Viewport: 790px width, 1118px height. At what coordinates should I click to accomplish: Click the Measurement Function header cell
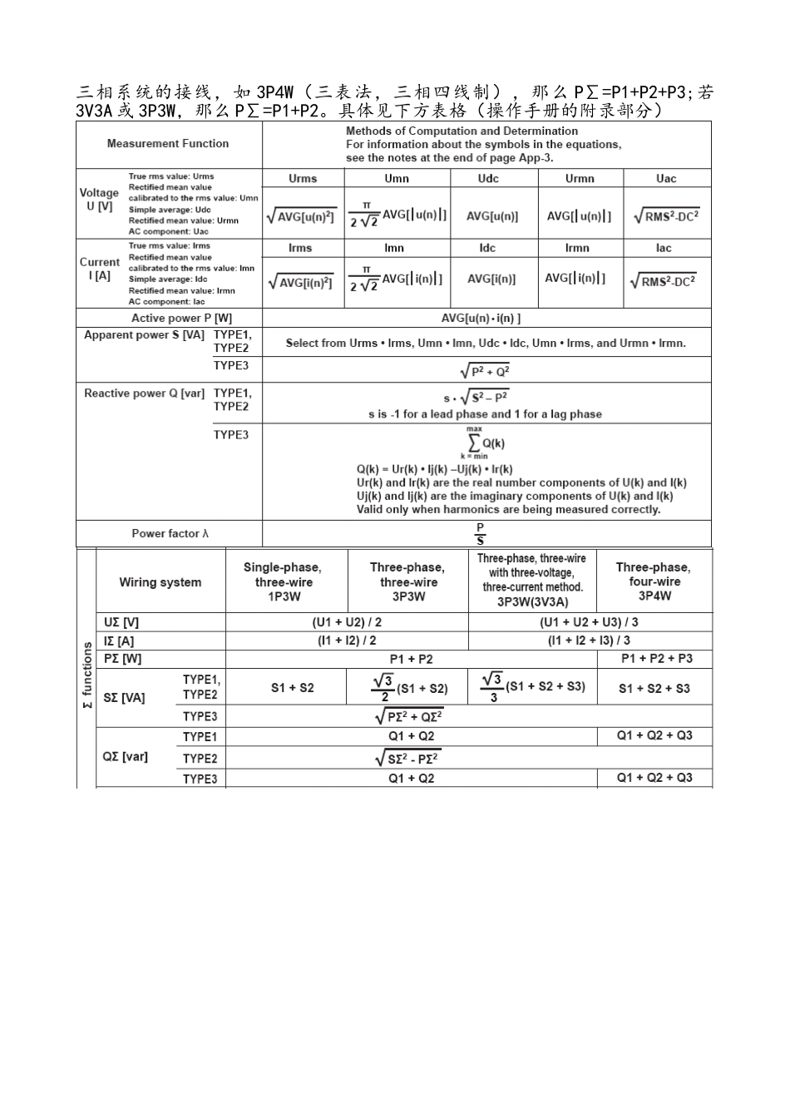tap(168, 144)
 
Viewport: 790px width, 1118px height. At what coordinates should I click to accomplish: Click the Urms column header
tap(303, 179)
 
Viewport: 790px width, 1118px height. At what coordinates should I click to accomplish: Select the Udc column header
tap(488, 179)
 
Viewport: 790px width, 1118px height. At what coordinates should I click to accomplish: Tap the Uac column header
tap(665, 179)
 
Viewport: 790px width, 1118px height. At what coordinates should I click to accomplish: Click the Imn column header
tap(394, 248)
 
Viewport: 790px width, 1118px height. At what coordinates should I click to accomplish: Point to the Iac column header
tap(664, 248)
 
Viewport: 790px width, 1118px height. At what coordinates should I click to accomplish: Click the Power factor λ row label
tap(170, 533)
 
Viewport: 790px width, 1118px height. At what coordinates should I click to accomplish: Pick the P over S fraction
tap(480, 534)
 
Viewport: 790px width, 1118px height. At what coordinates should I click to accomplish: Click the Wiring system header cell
tap(160, 582)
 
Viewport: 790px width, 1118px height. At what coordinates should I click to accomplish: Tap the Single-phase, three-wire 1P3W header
tap(283, 581)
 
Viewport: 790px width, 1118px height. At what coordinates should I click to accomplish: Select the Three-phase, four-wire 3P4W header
tap(654, 581)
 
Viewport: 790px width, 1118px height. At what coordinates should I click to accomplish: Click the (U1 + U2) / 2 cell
tap(347, 622)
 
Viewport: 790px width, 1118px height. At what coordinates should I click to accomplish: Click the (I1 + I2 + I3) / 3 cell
tap(589, 641)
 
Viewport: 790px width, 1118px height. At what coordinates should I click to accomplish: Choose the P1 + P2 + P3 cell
tap(656, 659)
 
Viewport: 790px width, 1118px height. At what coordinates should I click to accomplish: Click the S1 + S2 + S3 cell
tap(654, 688)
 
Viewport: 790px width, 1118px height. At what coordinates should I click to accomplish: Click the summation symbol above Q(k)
tap(473, 441)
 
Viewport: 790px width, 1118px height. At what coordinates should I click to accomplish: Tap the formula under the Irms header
tap(300, 283)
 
